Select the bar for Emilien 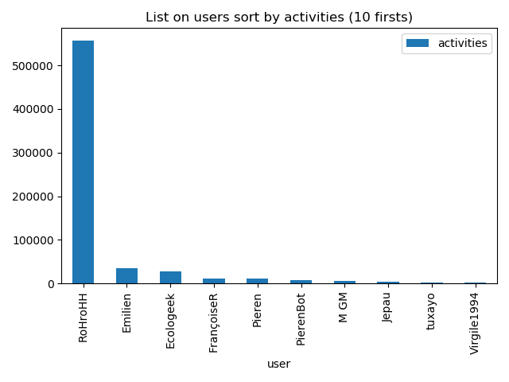click(126, 276)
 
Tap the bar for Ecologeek click(170, 278)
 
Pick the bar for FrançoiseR click(214, 281)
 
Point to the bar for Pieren click(257, 281)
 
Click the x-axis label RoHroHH click(84, 318)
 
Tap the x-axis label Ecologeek click(170, 321)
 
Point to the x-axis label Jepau click(387, 309)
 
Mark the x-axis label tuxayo click(431, 311)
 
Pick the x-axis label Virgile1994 click(475, 323)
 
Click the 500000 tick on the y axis click(33, 66)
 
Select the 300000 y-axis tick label click(33, 153)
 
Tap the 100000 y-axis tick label click(33, 240)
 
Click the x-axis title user click(278, 364)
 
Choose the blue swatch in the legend click(418, 43)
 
